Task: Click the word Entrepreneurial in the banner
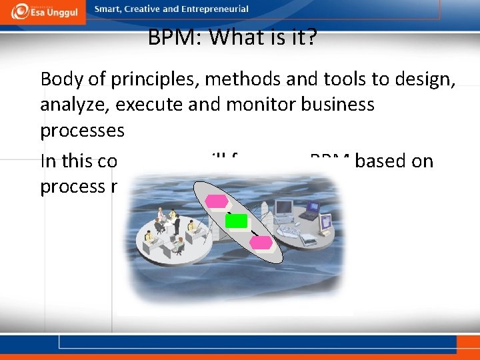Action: pyautogui.click(x=215, y=9)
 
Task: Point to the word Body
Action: pyautogui.click(x=61, y=79)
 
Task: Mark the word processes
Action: pyautogui.click(x=82, y=130)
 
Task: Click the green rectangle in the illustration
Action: pyautogui.click(x=236, y=221)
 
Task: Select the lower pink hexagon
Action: pyautogui.click(x=261, y=243)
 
